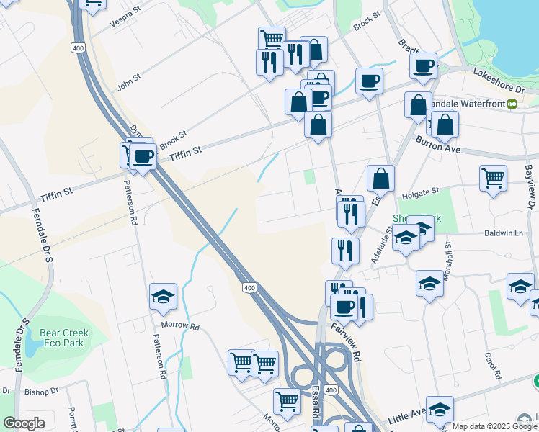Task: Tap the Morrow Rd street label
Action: tap(180, 325)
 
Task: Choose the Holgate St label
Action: tap(424, 192)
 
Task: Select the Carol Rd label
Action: tap(492, 366)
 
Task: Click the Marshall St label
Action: tap(447, 253)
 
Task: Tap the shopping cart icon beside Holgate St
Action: tap(493, 177)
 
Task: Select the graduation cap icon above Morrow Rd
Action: tap(164, 295)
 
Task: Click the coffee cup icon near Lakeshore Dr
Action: tap(423, 66)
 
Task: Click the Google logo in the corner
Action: tap(24, 423)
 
